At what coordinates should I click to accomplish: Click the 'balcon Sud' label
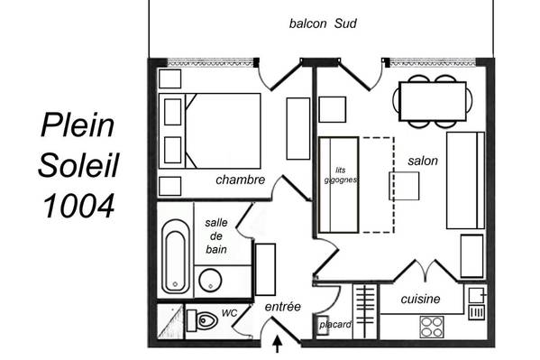click(323, 23)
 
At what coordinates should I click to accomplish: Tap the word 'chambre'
click(241, 180)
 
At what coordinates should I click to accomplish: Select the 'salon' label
click(423, 161)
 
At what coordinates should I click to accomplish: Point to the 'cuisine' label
click(420, 299)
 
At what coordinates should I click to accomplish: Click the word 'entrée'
click(283, 306)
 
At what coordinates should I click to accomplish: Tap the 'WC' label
click(229, 313)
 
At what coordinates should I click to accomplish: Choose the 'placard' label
click(335, 325)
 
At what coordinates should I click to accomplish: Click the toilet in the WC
click(203, 320)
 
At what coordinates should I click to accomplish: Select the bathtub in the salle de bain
click(176, 256)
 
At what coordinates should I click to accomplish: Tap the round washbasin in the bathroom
click(210, 281)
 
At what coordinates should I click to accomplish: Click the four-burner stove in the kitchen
click(432, 327)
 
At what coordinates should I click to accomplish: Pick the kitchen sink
click(477, 295)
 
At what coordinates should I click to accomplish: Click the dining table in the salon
click(433, 101)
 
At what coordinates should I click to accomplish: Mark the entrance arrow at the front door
click(278, 344)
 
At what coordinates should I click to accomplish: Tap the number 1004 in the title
click(78, 206)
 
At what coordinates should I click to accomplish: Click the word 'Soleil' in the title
click(78, 165)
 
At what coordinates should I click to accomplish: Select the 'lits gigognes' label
click(340, 175)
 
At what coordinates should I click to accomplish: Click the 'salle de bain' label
click(216, 235)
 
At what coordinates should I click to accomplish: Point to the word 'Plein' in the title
click(78, 125)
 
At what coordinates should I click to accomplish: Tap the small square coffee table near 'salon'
click(404, 186)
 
